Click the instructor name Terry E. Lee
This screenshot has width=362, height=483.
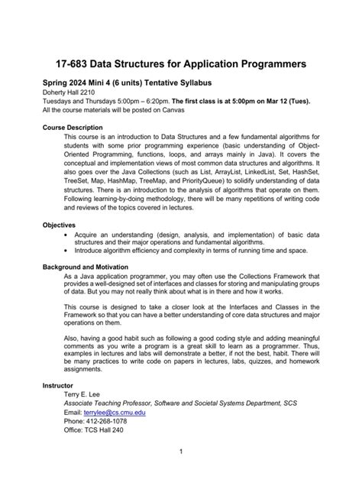86,394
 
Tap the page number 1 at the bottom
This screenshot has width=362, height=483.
180,452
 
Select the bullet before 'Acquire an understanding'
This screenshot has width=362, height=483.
63,235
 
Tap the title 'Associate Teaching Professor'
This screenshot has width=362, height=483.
115,403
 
